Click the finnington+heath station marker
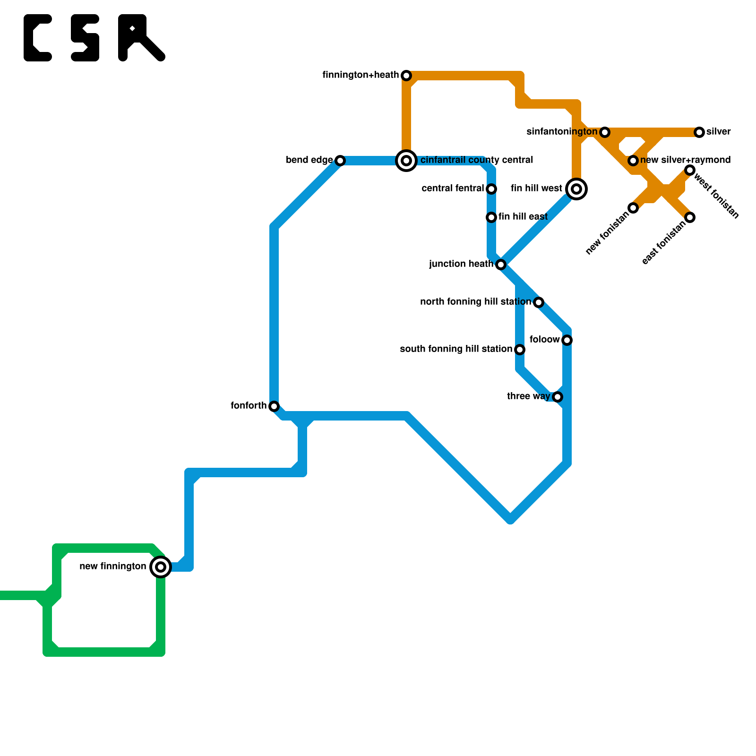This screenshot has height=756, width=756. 406,76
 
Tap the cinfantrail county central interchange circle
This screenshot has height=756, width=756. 406,161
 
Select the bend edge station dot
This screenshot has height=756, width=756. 340,161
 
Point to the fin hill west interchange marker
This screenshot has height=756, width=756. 576,189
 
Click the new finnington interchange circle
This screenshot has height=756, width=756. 161,567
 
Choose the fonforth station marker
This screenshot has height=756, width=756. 274,406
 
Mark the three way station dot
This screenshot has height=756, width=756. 558,397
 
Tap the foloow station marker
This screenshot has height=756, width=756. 567,340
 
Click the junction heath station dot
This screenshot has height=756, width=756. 501,265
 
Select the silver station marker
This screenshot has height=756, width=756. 699,132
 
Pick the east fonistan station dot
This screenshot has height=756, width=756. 690,217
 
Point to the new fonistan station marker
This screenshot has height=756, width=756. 633,208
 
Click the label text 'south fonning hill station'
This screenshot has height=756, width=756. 456,349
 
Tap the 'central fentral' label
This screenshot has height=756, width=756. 453,189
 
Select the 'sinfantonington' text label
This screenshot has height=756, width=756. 562,132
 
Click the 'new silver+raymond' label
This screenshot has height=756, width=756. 685,160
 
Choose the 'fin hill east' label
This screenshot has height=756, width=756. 523,217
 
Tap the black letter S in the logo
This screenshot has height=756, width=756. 85,38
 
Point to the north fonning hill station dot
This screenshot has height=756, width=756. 539,302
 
